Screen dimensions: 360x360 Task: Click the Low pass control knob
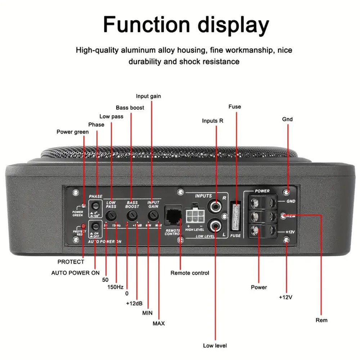[112, 216]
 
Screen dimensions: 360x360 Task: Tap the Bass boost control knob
[131, 216]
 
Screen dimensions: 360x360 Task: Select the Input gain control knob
[153, 216]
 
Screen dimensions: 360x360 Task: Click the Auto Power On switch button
[95, 226]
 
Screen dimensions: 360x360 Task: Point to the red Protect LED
[83, 226]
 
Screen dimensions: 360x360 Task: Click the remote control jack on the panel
[173, 216]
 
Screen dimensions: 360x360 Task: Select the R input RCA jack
[216, 207]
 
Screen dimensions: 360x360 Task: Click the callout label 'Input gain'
[148, 96]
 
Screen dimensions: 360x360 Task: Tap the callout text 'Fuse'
[235, 107]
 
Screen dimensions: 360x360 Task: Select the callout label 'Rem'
[321, 320]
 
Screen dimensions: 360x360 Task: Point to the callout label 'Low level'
[215, 346]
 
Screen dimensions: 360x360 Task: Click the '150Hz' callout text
[116, 287]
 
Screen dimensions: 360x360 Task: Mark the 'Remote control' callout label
[190, 273]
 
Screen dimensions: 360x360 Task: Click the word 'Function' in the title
[146, 25]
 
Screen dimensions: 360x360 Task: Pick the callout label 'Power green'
[72, 132]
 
